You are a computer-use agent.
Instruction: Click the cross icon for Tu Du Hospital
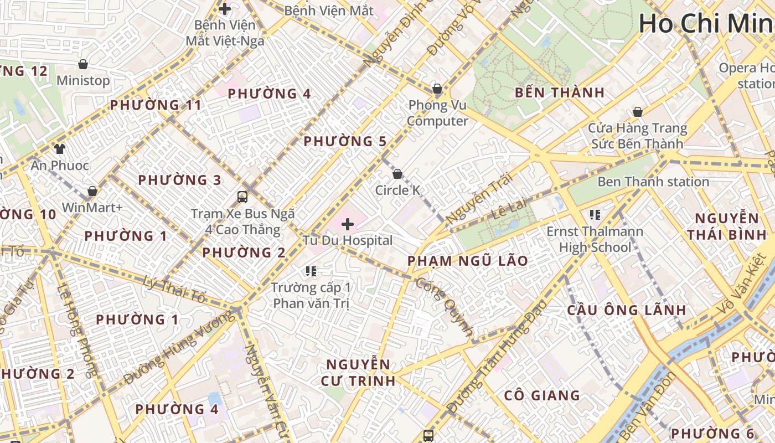pyautogui.click(x=348, y=224)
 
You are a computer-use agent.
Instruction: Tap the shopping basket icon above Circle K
pyautogui.click(x=397, y=174)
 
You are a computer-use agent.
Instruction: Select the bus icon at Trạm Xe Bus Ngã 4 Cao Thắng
pyautogui.click(x=242, y=197)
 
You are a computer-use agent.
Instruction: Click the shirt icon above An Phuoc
pyautogui.click(x=59, y=149)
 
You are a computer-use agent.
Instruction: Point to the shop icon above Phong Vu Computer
pyautogui.click(x=437, y=89)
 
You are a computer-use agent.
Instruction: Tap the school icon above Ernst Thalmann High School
pyautogui.click(x=595, y=215)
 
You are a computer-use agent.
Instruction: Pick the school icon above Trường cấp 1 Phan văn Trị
pyautogui.click(x=311, y=271)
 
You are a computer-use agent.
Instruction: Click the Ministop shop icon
pyautogui.click(x=83, y=64)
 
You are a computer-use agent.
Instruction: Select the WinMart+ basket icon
pyautogui.click(x=92, y=191)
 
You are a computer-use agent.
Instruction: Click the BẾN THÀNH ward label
pyautogui.click(x=560, y=92)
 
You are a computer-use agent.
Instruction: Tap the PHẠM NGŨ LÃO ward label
pyautogui.click(x=468, y=261)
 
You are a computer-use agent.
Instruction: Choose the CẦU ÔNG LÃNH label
pyautogui.click(x=626, y=310)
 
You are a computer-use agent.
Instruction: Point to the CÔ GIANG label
pyautogui.click(x=542, y=395)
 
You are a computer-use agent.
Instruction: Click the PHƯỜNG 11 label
pyautogui.click(x=156, y=105)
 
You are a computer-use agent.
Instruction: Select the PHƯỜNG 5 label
pyautogui.click(x=345, y=141)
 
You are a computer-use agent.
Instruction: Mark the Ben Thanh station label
pyautogui.click(x=653, y=182)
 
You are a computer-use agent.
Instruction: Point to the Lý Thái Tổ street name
pyautogui.click(x=174, y=290)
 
